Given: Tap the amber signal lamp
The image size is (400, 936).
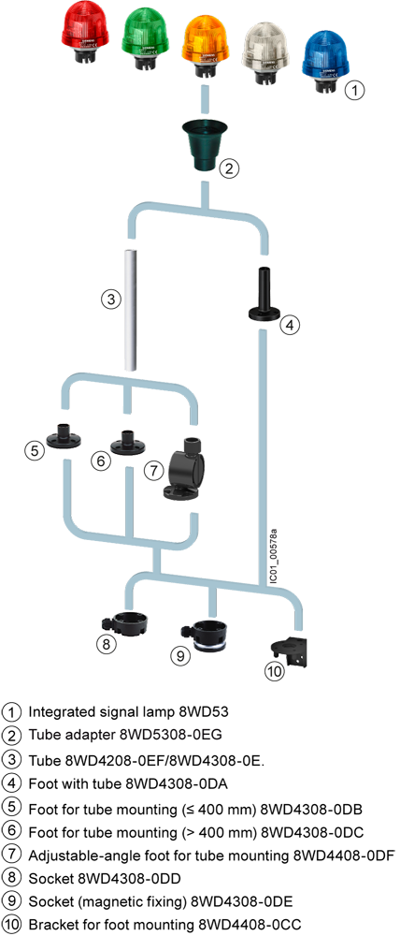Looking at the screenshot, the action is [207, 39].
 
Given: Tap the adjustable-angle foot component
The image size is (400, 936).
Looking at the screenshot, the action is [185, 472].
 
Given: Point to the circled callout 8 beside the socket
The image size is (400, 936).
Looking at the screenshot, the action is [107, 644].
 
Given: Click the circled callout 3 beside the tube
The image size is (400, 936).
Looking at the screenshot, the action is [110, 300].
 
